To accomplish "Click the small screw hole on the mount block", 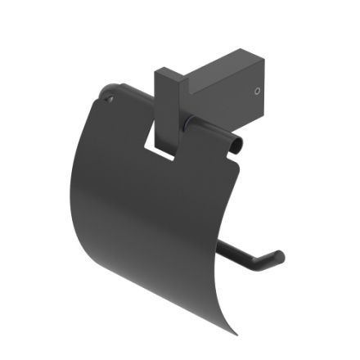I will pyautogui.click(x=259, y=90).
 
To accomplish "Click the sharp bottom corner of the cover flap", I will pyautogui.click(x=237, y=336).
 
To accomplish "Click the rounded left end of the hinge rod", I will pyautogui.click(x=103, y=90).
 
